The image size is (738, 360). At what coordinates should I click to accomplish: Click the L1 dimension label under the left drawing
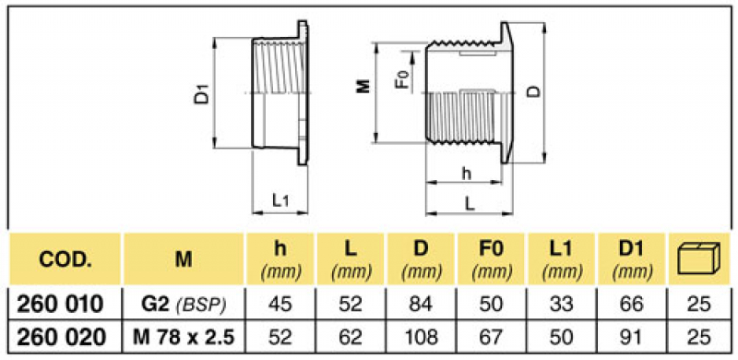(281, 198)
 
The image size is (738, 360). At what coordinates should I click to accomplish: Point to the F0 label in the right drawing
(400, 79)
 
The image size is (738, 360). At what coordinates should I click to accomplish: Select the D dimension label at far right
(532, 92)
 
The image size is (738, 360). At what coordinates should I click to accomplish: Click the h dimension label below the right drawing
(466, 174)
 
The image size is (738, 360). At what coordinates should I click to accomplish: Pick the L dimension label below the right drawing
(471, 203)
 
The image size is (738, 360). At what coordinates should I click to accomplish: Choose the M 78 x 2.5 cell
(183, 336)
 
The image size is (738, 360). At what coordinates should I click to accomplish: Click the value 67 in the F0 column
(492, 336)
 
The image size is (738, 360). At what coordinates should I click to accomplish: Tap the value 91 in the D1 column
(632, 336)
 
